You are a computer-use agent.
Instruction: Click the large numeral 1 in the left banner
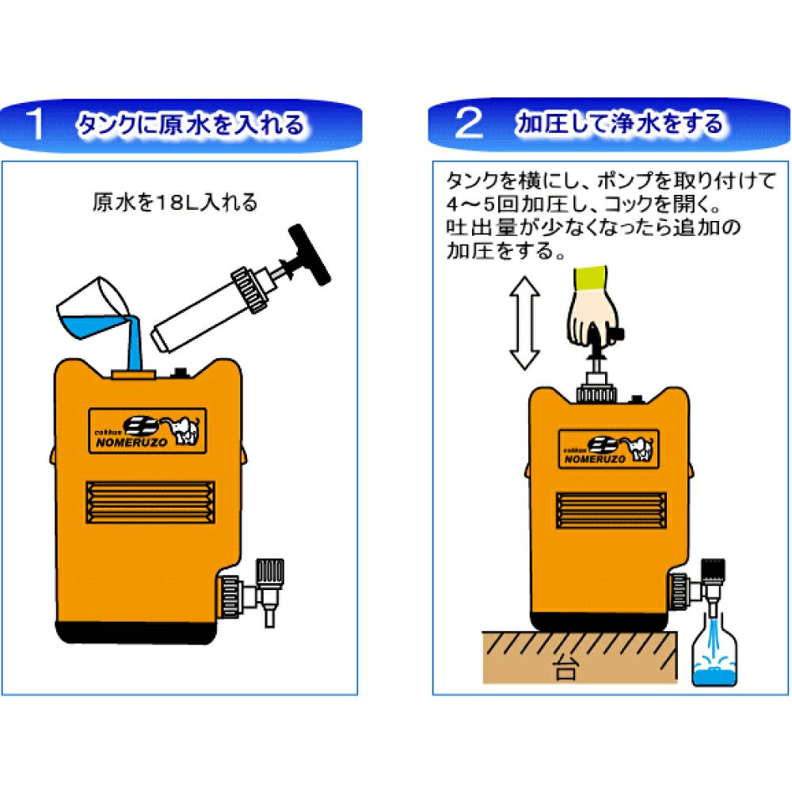(36, 124)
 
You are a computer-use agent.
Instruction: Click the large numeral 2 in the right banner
(469, 124)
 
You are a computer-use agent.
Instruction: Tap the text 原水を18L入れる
(175, 203)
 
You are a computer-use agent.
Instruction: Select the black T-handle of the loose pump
(309, 255)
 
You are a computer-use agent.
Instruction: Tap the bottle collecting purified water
(714, 649)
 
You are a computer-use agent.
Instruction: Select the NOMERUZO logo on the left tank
(147, 430)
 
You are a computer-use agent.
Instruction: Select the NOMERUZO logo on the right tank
(608, 449)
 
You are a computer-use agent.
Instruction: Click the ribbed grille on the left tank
(150, 502)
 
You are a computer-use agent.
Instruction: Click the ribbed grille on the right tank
(611, 510)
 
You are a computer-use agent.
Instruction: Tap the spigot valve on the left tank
(253, 590)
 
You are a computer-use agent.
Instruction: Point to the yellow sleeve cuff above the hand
(591, 280)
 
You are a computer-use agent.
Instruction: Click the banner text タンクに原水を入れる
(191, 124)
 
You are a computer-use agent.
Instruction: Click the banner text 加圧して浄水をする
(619, 124)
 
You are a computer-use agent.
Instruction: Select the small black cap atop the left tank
(179, 374)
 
